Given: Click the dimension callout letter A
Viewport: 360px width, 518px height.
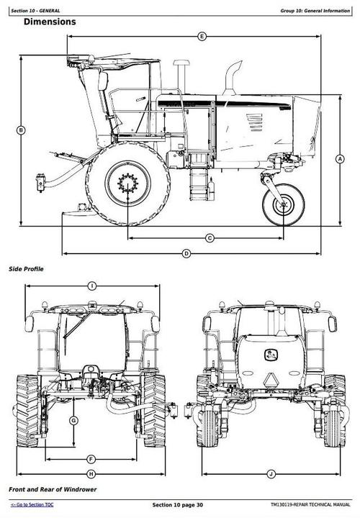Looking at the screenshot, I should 339,159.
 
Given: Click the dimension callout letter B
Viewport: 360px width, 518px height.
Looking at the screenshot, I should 21,130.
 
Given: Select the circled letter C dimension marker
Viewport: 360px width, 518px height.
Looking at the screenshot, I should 210,237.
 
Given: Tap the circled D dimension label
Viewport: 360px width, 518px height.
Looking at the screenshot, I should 186,253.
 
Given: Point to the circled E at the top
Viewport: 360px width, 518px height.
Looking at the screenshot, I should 202,36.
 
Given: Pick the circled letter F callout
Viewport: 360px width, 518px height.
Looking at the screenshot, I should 91,459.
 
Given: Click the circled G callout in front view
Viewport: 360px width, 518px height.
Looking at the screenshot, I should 73,420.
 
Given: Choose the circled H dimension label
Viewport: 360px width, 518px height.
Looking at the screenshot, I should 91,473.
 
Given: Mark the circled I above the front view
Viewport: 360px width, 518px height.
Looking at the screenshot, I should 92,286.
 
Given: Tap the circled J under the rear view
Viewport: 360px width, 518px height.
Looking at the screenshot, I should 271,473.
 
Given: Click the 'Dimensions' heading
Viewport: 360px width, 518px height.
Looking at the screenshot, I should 50,22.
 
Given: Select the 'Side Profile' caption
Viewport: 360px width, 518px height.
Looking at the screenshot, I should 26,269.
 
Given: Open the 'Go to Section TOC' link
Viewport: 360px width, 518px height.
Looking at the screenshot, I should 32,506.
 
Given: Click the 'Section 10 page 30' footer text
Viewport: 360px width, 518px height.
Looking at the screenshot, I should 177,505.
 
